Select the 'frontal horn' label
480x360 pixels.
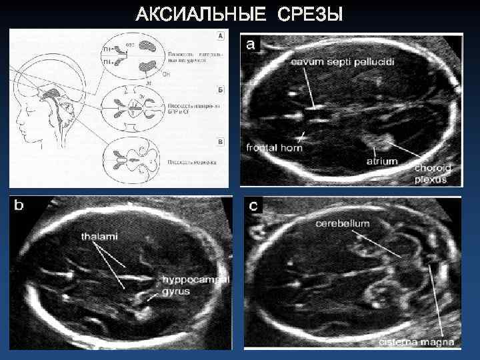pos(275,147)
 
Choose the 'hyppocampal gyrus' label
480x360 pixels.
pos(193,285)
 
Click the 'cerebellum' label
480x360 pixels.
pos(343,224)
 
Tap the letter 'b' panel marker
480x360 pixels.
pos(19,206)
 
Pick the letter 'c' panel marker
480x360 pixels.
pos(254,206)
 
